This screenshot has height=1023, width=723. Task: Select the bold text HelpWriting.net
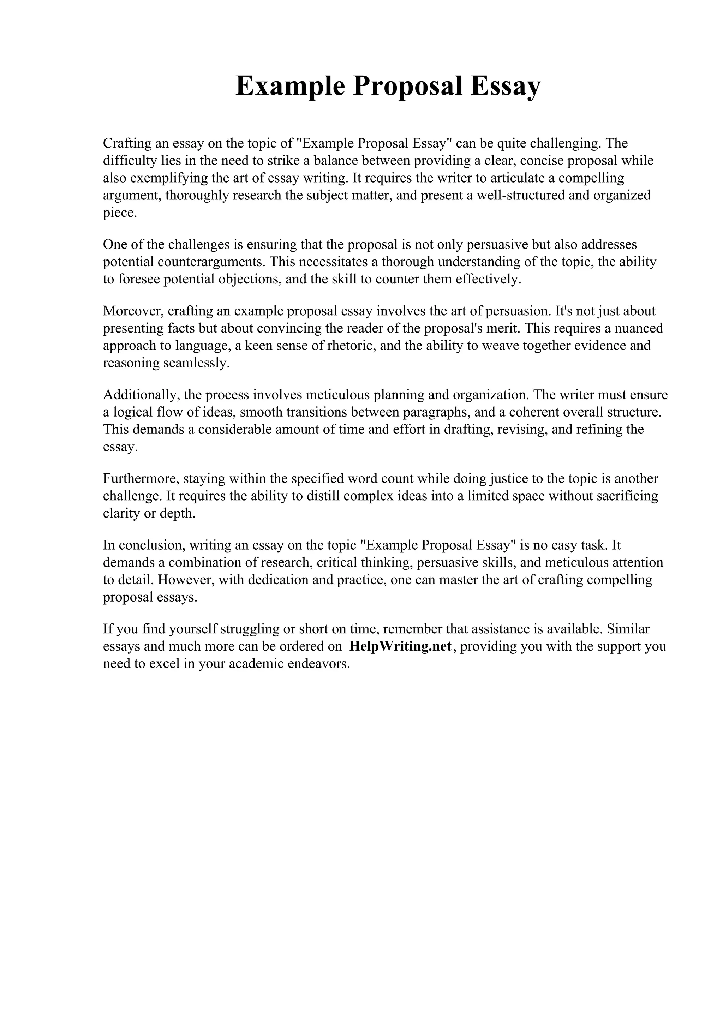point(400,646)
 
